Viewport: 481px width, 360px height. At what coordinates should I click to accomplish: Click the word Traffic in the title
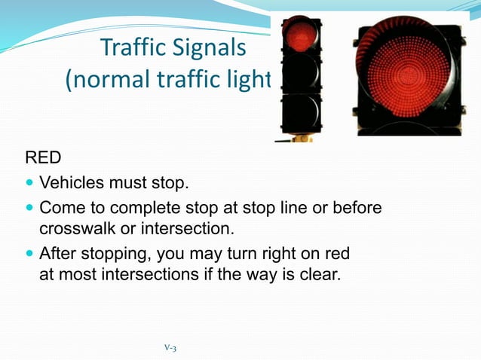[x=129, y=49]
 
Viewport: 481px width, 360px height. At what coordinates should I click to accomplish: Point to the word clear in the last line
[x=322, y=274]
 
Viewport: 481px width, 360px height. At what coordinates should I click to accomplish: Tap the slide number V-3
[x=170, y=347]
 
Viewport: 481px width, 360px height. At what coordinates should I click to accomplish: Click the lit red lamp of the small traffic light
[x=300, y=36]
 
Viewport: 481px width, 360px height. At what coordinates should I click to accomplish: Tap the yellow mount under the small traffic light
[x=302, y=138]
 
